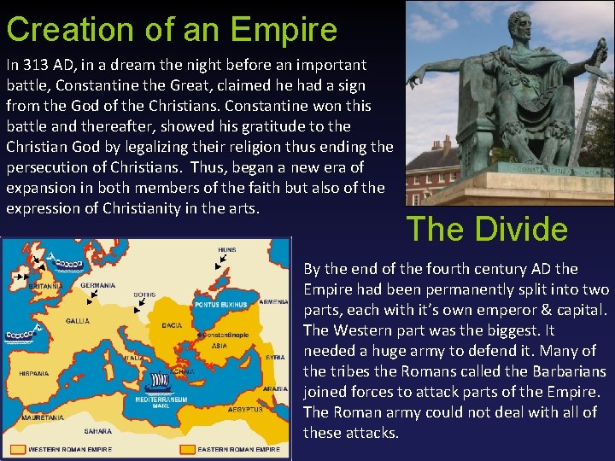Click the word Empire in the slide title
click(285, 29)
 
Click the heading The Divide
click(487, 229)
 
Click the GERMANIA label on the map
click(98, 284)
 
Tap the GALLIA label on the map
click(78, 321)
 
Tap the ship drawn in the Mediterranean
click(159, 382)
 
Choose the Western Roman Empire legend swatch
click(18, 448)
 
